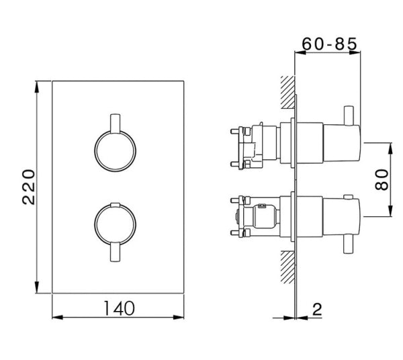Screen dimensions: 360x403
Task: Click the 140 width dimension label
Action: [x=118, y=308]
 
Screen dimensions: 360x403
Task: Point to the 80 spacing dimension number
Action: [x=383, y=179]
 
